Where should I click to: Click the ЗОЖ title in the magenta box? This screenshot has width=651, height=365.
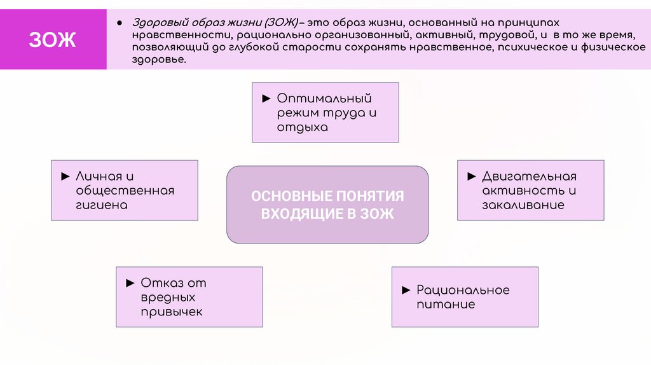click(x=52, y=40)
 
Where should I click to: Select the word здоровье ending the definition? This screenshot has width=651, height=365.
click(x=160, y=59)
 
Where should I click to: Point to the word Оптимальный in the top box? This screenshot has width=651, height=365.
click(x=324, y=99)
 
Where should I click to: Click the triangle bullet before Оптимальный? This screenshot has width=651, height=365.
click(x=266, y=99)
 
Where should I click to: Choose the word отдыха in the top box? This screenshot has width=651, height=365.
click(x=303, y=127)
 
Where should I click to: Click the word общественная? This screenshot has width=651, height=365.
click(x=125, y=191)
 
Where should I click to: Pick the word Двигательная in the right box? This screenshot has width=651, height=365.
click(x=529, y=176)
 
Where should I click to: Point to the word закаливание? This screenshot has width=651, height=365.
click(x=523, y=205)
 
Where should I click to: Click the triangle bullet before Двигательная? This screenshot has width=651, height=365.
click(x=471, y=176)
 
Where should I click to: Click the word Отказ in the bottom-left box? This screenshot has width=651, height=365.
click(x=163, y=283)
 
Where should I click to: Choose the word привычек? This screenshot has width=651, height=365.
click(x=172, y=312)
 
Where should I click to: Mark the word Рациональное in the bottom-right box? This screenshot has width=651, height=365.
click(x=463, y=290)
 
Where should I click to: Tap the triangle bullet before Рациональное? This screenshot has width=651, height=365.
click(x=406, y=290)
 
